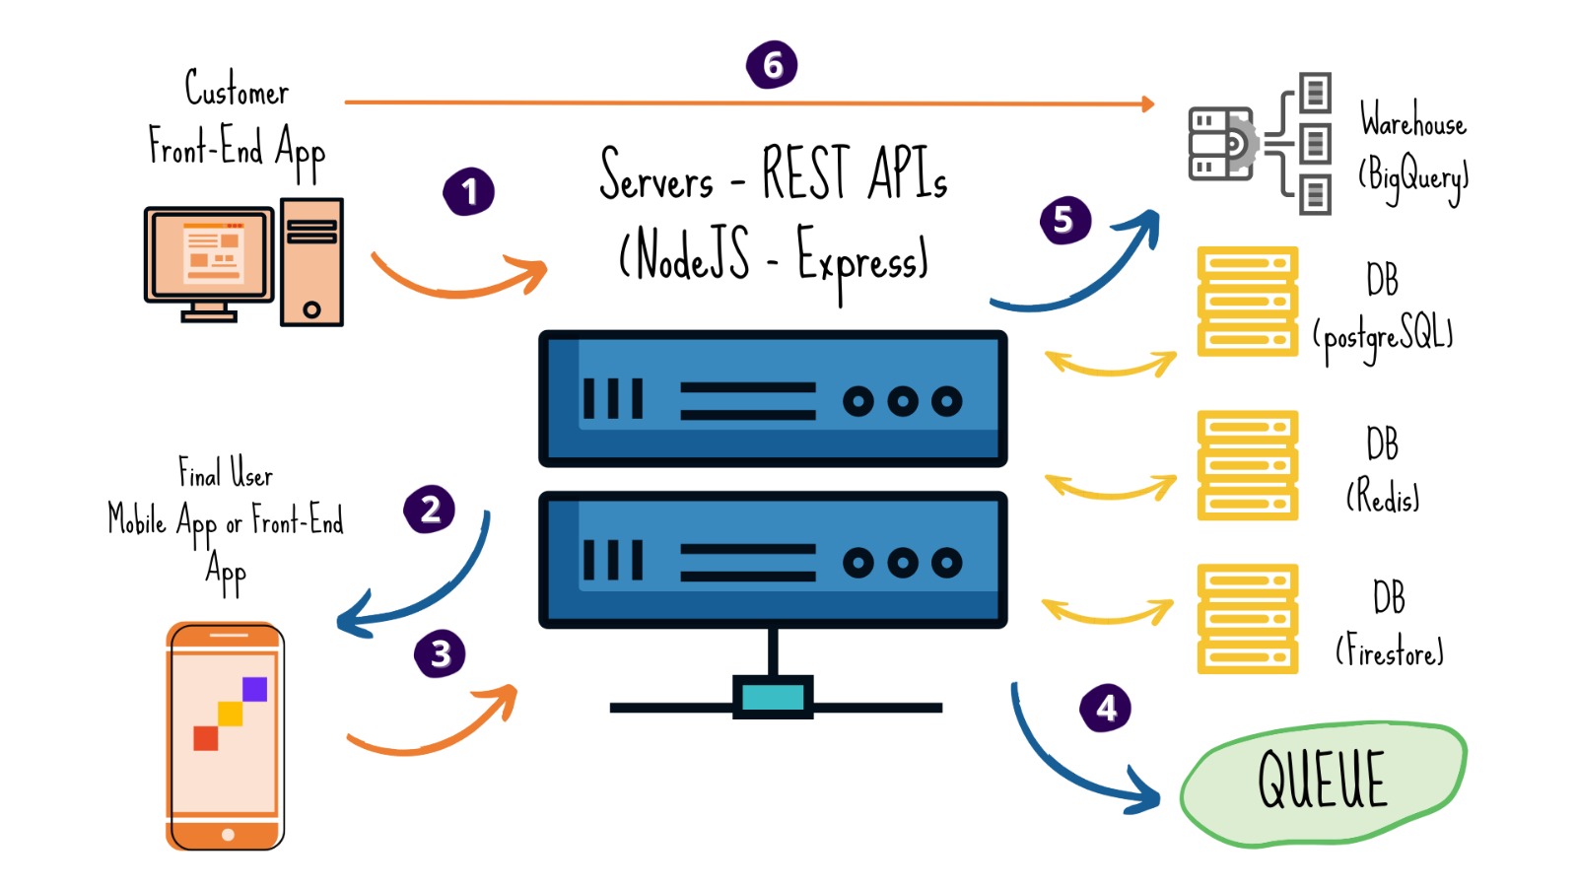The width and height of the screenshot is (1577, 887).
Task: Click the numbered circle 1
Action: coord(468,191)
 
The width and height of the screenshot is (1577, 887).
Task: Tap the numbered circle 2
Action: coord(430,510)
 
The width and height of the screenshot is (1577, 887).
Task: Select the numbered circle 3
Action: coord(440,652)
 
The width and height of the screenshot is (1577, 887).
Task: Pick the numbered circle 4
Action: coord(1106,708)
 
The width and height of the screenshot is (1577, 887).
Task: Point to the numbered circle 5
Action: coord(1064,220)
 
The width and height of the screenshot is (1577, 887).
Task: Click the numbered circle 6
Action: coord(772,65)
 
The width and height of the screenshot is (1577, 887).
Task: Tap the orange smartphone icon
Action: coord(226,735)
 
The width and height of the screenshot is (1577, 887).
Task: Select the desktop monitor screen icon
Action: coord(210,254)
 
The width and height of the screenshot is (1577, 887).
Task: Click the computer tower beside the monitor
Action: coord(311,262)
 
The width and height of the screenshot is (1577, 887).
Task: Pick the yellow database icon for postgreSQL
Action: coord(1247,301)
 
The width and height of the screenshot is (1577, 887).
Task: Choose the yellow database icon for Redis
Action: coord(1247,464)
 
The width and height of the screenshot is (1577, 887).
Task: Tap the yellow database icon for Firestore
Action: coord(1247,618)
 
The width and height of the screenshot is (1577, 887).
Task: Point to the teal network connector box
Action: coord(773,697)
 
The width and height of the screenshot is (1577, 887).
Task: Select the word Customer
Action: coord(237,90)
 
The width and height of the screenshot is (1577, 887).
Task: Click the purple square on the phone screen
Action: coord(254,688)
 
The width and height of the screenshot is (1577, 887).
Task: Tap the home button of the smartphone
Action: coord(228,835)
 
